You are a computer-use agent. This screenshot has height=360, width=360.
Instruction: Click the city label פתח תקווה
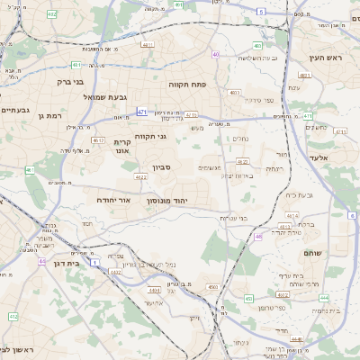point(188,83)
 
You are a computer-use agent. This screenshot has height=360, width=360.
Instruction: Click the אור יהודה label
point(113,200)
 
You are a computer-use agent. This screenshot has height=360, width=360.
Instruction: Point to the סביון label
point(161,168)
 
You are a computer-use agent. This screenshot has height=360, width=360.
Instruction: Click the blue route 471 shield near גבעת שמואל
point(141,112)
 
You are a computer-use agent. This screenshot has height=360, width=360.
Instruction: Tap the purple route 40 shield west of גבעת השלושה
point(216,54)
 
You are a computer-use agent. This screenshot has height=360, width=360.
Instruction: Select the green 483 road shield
point(257,45)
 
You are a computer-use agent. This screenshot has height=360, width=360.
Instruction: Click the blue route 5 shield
point(261,12)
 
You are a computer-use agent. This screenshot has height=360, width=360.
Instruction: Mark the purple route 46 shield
point(258,237)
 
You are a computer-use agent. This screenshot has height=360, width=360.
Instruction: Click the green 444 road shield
point(297,339)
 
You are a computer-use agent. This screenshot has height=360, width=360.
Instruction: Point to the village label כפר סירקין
point(255,100)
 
